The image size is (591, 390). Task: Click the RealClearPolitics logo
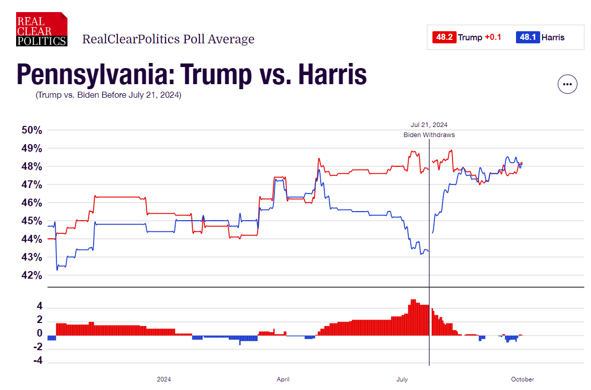click(x=41, y=29)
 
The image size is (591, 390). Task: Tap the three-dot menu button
click(x=567, y=84)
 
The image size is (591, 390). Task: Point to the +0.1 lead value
click(x=493, y=37)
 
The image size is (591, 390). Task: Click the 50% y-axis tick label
click(x=32, y=130)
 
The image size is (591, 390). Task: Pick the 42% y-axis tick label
click(x=32, y=275)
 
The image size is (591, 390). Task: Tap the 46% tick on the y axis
click(x=32, y=203)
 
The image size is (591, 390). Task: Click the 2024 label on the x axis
click(x=164, y=379)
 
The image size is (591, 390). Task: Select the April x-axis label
click(x=283, y=379)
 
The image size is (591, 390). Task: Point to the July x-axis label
click(x=402, y=379)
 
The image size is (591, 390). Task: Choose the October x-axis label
click(x=522, y=379)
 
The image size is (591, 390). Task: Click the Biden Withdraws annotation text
click(x=429, y=135)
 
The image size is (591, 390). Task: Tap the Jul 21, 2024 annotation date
click(x=429, y=124)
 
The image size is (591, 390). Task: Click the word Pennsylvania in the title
click(x=88, y=74)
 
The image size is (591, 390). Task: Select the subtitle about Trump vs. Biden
click(x=108, y=95)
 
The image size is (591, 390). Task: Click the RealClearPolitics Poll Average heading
click(x=168, y=39)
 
